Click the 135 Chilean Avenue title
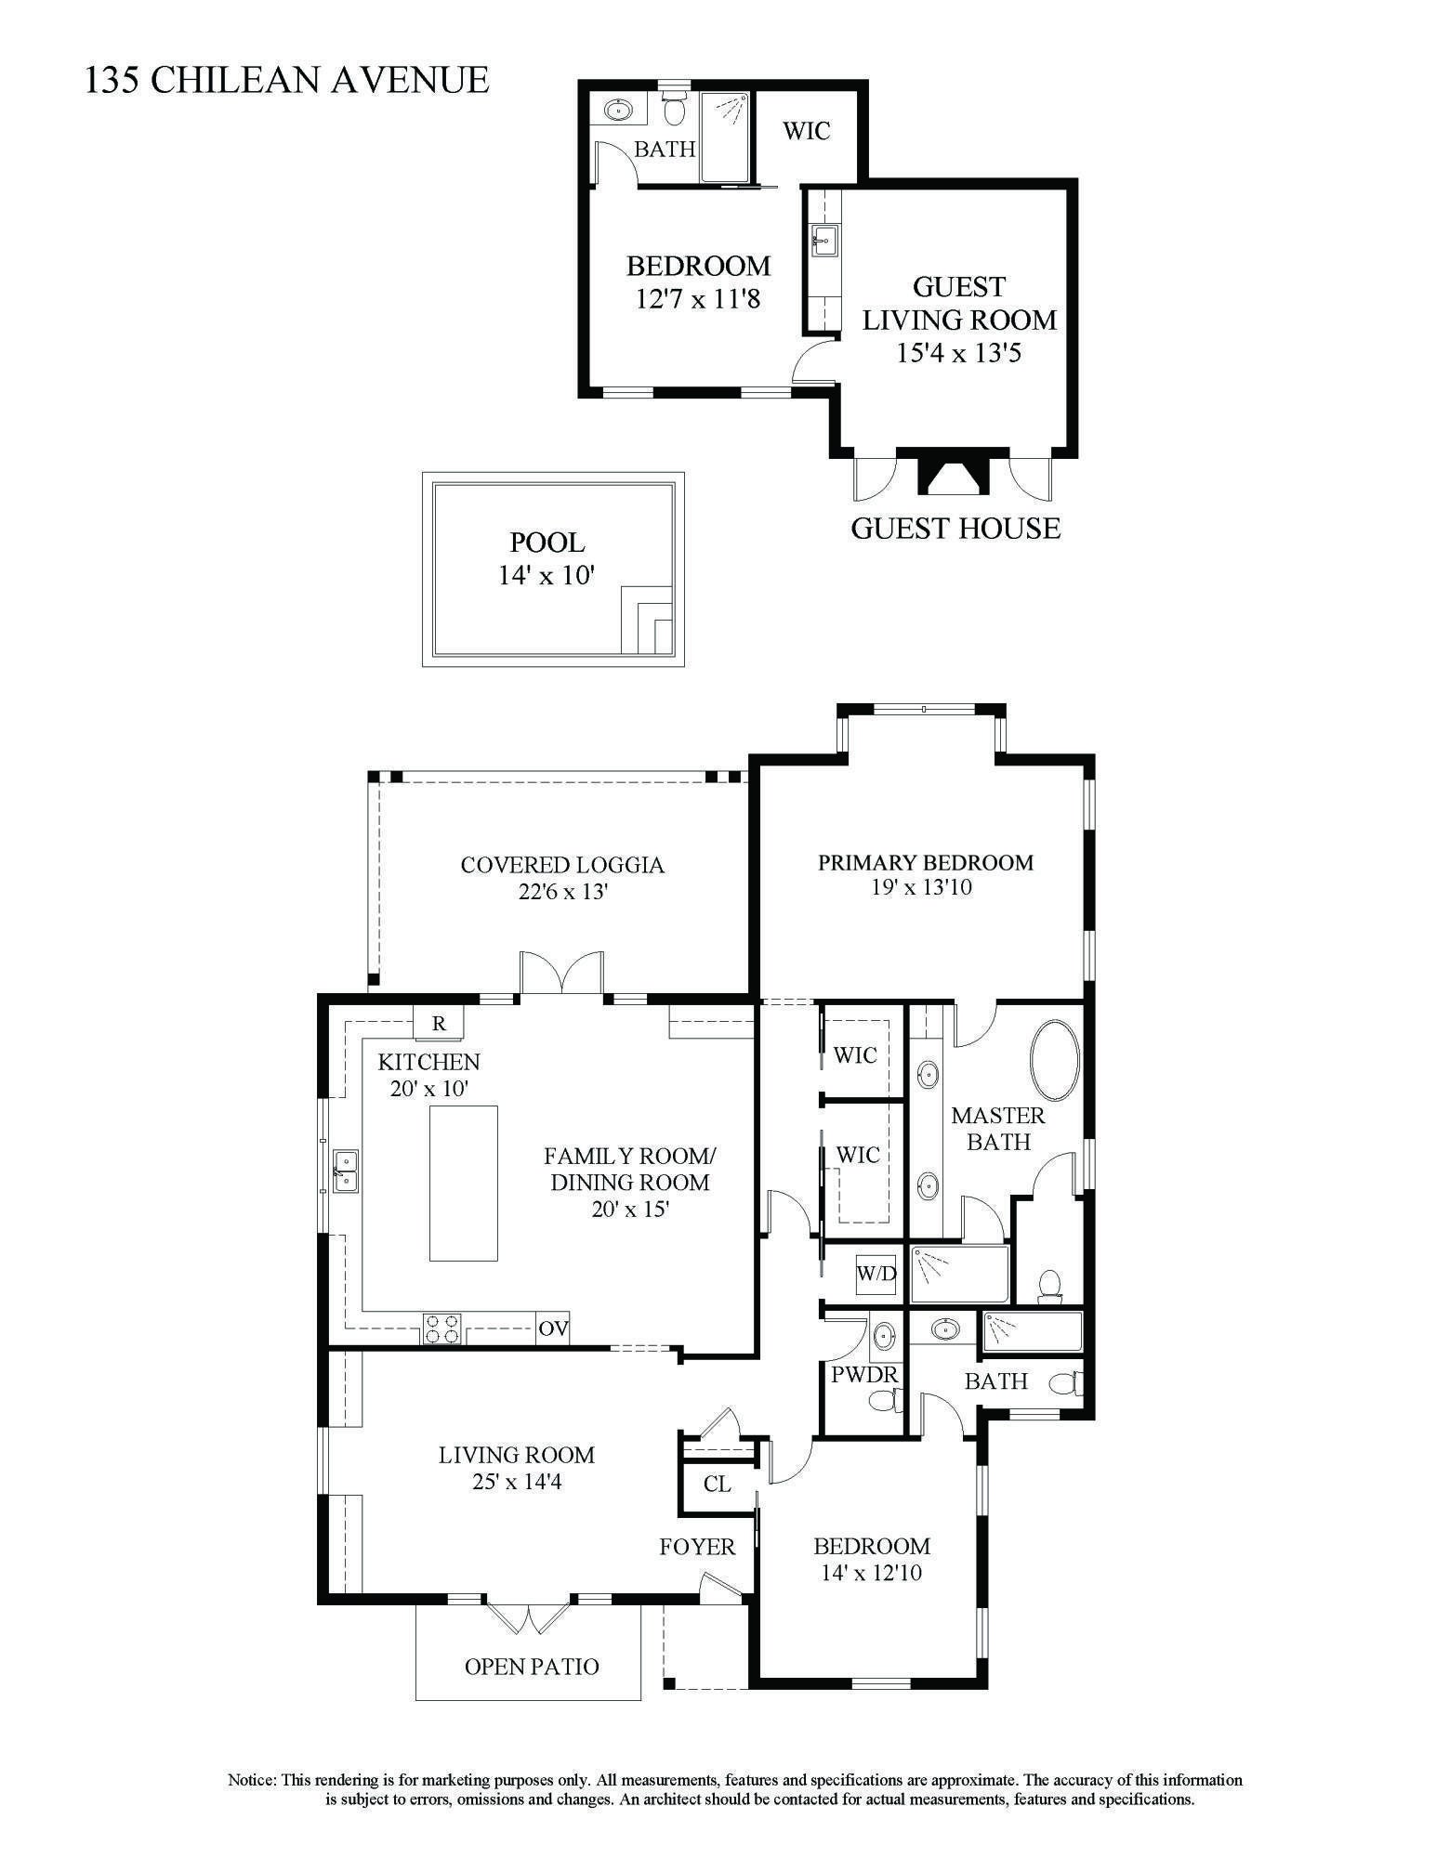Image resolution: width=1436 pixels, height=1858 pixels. pos(286,80)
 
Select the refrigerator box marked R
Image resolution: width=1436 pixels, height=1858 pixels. pos(440,1024)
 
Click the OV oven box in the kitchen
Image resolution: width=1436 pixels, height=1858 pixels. pos(553,1328)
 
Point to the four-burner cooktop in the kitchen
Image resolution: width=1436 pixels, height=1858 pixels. pos(443,1328)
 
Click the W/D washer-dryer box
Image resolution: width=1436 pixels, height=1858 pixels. pos(876,1273)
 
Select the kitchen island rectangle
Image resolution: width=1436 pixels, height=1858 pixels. pos(463,1183)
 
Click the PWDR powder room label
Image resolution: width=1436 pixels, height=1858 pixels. pos(864,1374)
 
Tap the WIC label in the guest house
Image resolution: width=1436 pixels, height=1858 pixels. pos(806,131)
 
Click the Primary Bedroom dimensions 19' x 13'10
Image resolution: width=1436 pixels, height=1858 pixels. pos(922,887)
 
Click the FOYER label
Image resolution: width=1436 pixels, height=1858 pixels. pos(697,1547)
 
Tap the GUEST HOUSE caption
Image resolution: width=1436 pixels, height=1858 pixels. pos(955,529)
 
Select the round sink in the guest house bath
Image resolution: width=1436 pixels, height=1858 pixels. pos(617,110)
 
